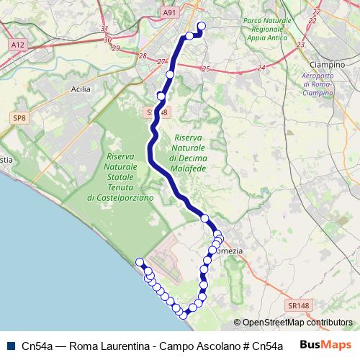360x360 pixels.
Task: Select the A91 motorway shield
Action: [x=169, y=12]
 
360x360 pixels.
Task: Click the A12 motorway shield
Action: [x=17, y=45]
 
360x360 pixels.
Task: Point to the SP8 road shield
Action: [x=19, y=117]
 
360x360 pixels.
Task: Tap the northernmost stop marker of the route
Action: [x=201, y=27]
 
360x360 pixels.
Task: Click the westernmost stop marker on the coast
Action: [x=140, y=262]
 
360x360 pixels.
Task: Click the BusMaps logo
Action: [x=325, y=344]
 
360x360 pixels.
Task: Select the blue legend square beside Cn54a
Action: [x=11, y=345]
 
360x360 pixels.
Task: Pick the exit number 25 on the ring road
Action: [x=206, y=69]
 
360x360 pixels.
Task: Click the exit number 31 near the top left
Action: [x=105, y=30]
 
